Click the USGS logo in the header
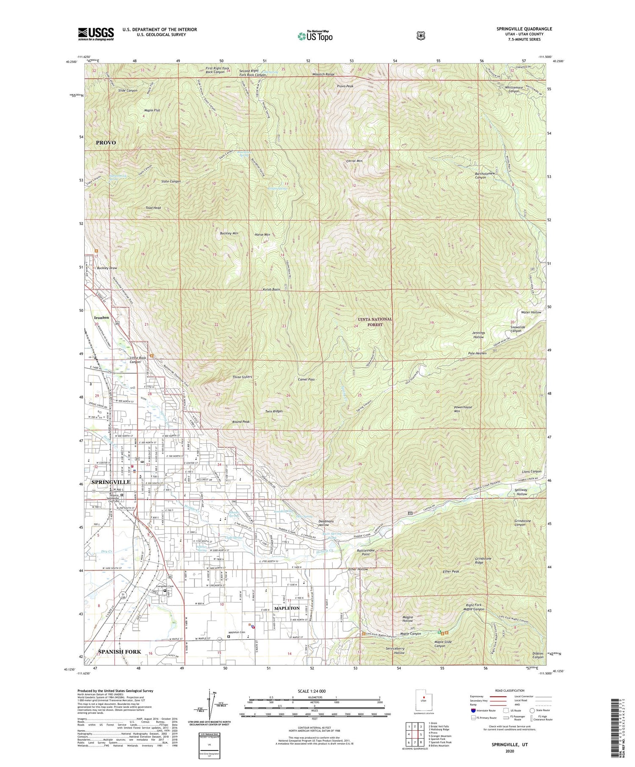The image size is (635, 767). pyautogui.click(x=96, y=34)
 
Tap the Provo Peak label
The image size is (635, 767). pyautogui.click(x=345, y=86)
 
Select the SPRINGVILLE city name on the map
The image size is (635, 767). pyautogui.click(x=111, y=482)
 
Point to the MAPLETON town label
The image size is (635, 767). pyautogui.click(x=287, y=608)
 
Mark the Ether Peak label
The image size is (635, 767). pyautogui.click(x=451, y=572)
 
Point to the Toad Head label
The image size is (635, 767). pyautogui.click(x=153, y=208)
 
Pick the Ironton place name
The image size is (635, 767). pyautogui.click(x=101, y=317)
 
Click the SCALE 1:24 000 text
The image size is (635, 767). pyautogui.click(x=315, y=691)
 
